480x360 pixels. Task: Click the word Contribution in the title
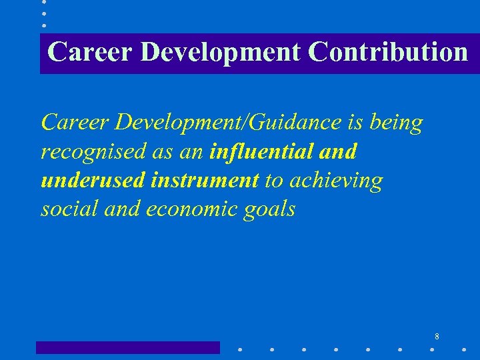[388, 52]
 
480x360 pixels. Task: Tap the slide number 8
[437, 337]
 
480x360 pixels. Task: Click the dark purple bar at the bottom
[127, 347]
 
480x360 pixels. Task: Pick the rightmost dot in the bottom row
[463, 348]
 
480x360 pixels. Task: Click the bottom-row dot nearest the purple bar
[240, 348]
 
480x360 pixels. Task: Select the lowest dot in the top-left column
[44, 25]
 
